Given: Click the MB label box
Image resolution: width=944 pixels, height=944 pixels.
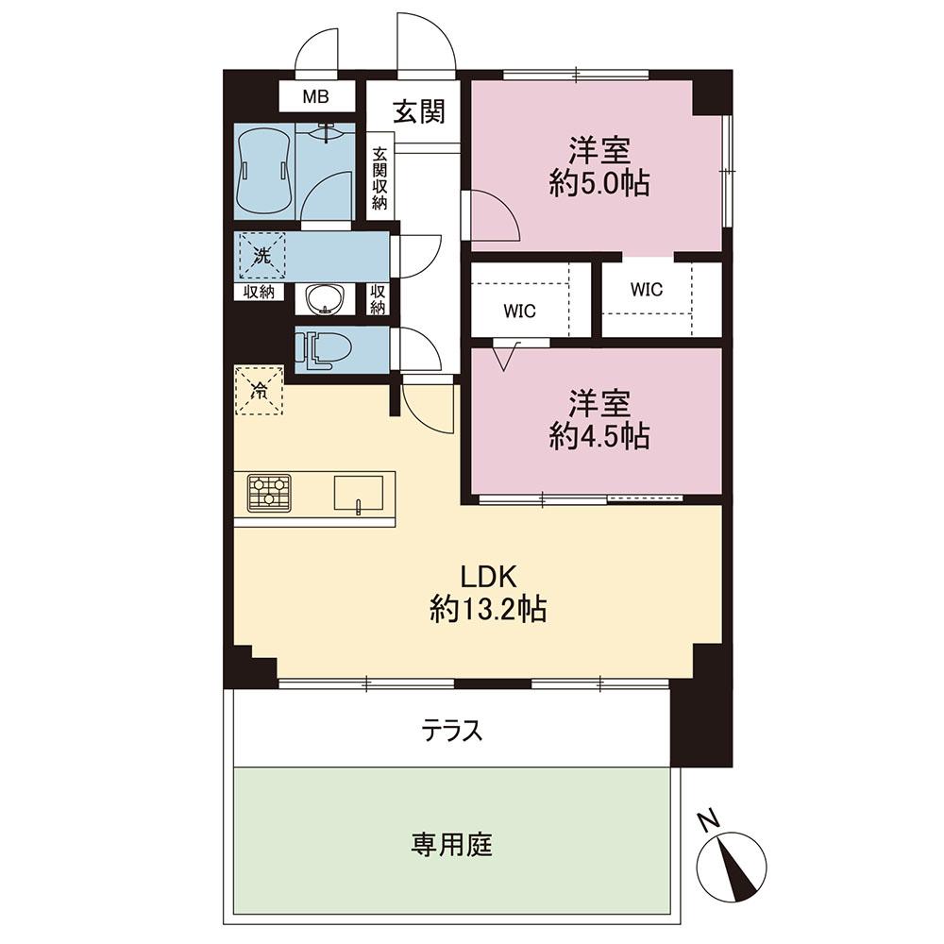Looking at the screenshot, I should [x=316, y=96].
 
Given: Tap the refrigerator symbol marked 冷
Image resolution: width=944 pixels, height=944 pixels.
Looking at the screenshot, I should [x=259, y=389].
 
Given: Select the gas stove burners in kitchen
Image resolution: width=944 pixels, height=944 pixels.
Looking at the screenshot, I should [x=270, y=492].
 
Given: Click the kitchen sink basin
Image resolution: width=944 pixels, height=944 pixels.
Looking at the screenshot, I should [x=358, y=493].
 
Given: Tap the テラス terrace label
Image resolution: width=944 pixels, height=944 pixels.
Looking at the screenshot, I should [x=452, y=730].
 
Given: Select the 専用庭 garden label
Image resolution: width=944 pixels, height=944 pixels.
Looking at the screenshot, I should [x=451, y=843].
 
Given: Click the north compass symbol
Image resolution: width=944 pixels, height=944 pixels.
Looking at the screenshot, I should [x=733, y=864].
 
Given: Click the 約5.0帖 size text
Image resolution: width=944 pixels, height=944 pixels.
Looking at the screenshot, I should [x=598, y=184].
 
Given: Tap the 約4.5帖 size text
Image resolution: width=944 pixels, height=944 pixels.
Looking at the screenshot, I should [x=598, y=437].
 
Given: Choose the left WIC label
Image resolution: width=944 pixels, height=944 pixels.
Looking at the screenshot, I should [x=518, y=312].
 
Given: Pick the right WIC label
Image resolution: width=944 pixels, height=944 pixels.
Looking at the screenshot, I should [x=647, y=290].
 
